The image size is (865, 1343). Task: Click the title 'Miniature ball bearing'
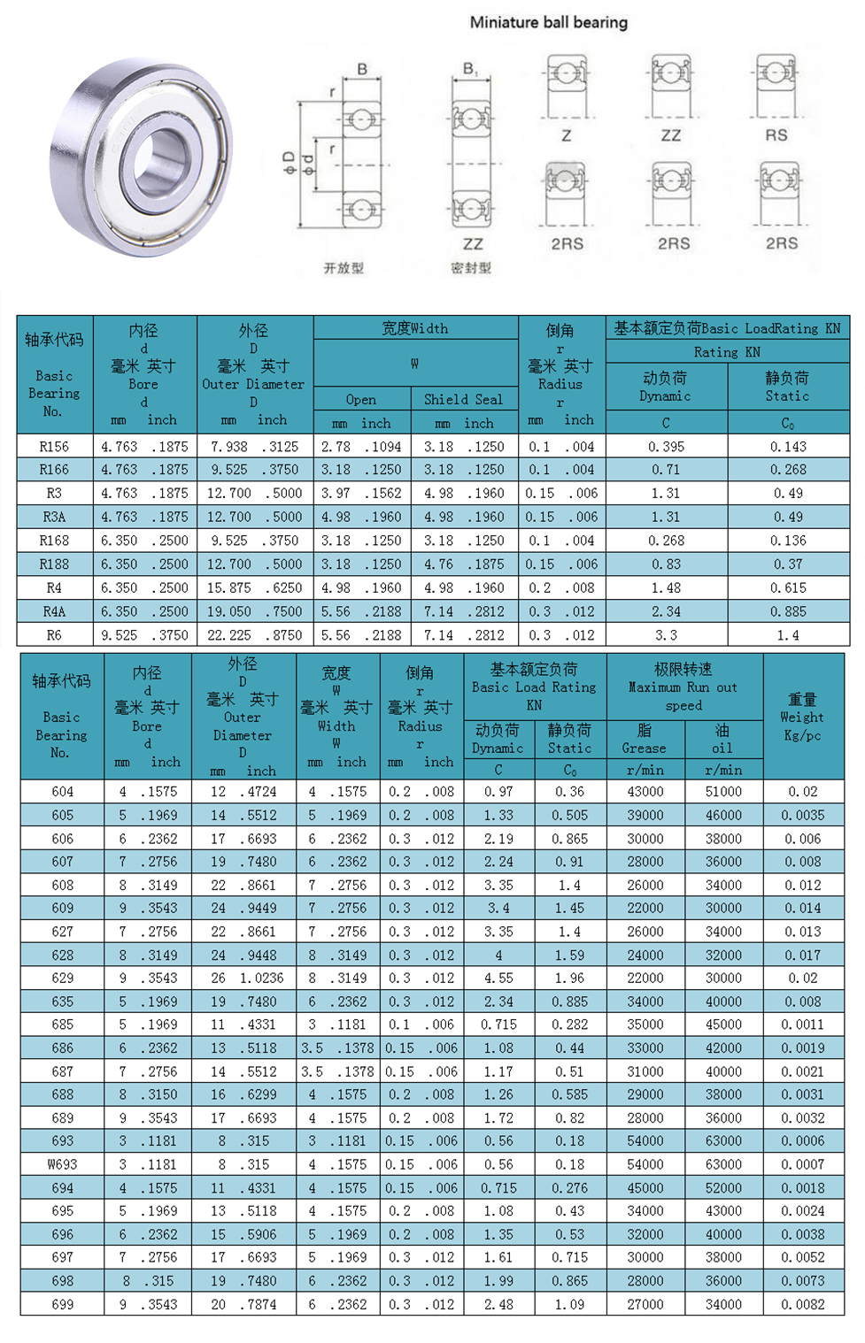point(548,22)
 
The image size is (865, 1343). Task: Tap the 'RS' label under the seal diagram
point(776,135)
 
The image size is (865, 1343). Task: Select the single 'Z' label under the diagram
point(566,135)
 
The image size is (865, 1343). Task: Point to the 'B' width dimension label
point(362,69)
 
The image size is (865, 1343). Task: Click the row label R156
point(54,447)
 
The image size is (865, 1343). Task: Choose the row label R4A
point(54,611)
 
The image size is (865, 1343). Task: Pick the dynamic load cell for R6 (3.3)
point(666,635)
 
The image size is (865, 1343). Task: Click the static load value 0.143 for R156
point(788,447)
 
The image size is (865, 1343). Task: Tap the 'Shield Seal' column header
point(463,399)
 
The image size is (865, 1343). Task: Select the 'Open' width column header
point(361,399)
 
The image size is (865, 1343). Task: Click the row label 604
point(62,792)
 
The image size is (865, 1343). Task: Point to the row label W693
point(62,1164)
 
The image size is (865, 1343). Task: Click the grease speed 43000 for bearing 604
point(645,792)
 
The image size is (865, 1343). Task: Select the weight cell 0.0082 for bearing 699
point(802,1304)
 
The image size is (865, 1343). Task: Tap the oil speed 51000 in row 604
point(723,792)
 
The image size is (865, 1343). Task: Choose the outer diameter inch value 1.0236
point(261,978)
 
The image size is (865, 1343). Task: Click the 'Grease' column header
point(644,748)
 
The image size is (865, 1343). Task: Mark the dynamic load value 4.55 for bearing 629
point(498,978)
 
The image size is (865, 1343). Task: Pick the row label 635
point(62,1001)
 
